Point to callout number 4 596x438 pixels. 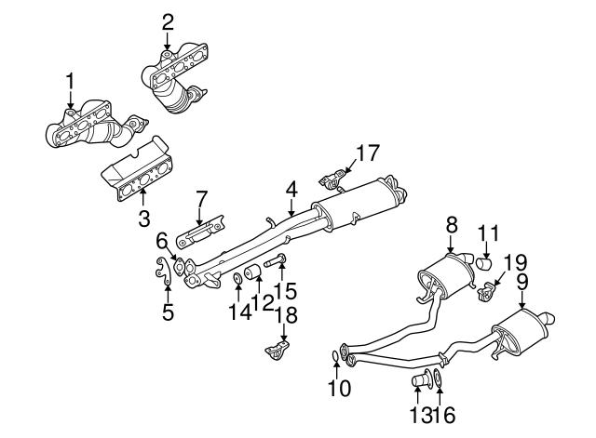coord(291,190)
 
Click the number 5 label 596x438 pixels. coord(168,312)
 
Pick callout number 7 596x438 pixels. coord(200,200)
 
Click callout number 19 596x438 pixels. coord(509,263)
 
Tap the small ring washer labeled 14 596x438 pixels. coord(238,276)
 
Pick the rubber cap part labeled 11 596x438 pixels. coord(484,263)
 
